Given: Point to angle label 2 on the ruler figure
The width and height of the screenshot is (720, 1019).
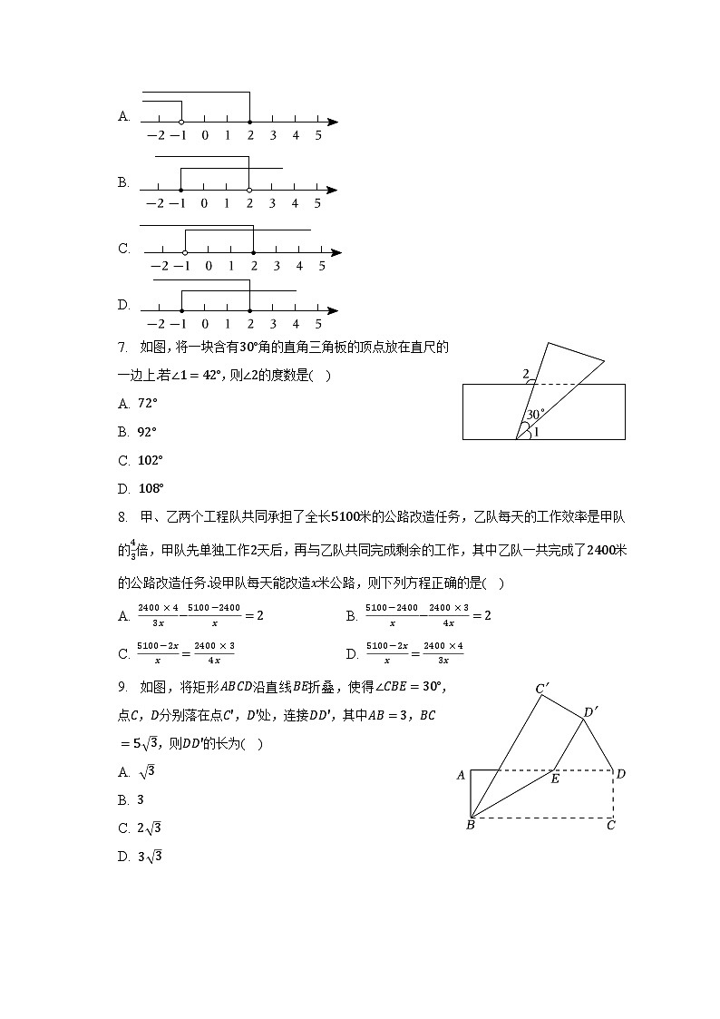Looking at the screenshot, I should click(x=525, y=374).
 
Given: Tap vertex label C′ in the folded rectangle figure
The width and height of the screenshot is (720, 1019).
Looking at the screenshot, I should click(x=542, y=689).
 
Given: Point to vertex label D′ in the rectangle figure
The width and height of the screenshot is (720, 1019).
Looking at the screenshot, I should click(x=590, y=712).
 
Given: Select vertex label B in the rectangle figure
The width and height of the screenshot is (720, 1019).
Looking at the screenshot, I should click(x=471, y=825).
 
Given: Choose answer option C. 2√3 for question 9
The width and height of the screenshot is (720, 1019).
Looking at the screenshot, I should click(x=139, y=828).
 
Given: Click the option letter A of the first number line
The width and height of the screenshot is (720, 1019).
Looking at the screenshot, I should click(x=124, y=116).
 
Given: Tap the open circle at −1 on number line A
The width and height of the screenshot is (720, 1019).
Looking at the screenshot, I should click(x=181, y=122).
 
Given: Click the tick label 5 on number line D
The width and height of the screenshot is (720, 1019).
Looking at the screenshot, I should click(x=318, y=324).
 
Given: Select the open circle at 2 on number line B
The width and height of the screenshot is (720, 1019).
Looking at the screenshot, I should click(x=249, y=190).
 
